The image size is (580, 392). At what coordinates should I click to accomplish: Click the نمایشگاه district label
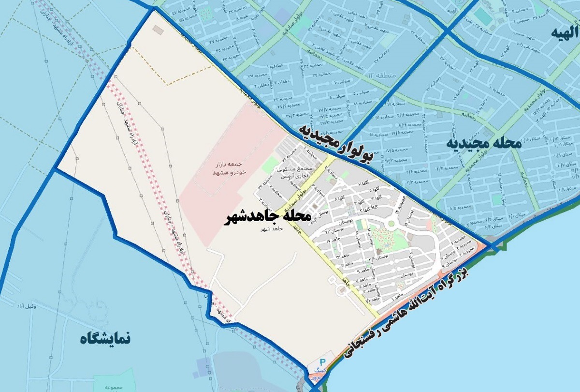point(105,338)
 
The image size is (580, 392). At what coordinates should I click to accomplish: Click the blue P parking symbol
point(323,363)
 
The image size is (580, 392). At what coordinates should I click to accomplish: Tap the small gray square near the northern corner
point(157,29)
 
